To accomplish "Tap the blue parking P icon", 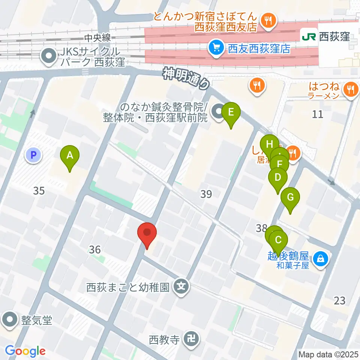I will (33, 154).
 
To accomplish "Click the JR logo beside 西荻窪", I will (309, 37).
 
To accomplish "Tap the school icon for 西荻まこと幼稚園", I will (182, 287).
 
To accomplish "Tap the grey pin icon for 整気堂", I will (9, 320).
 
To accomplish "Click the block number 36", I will (95, 249).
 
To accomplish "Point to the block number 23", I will (339, 300).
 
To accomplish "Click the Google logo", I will (25, 351).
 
